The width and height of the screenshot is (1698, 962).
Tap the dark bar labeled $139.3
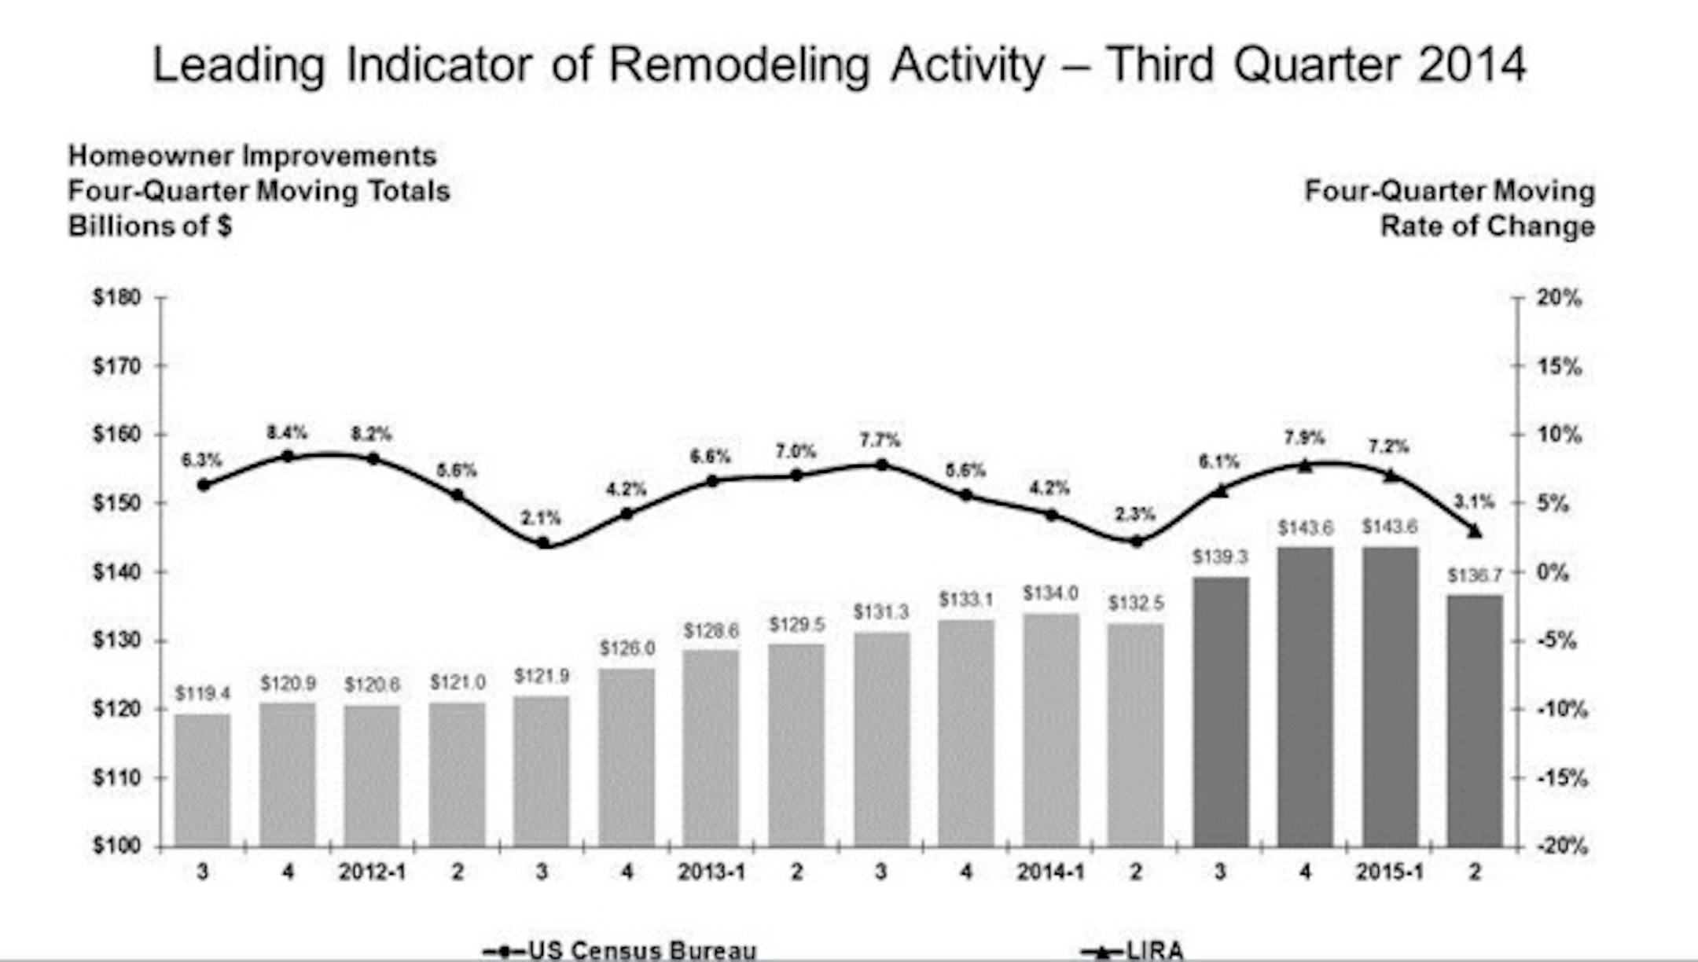coord(1221,711)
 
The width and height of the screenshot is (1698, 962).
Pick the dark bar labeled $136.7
coord(1475,720)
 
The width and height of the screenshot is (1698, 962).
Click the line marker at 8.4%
coord(288,456)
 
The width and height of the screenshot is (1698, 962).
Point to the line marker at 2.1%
coord(542,542)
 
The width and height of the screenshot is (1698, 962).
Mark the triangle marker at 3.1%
coord(1475,531)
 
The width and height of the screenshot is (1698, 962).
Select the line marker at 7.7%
coord(881,464)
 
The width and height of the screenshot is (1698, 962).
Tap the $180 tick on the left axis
coord(117,298)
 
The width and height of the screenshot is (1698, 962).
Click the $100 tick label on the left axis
coord(117,846)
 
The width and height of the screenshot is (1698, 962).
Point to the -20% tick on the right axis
coord(1561,846)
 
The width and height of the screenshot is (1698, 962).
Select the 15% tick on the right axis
coord(1558,366)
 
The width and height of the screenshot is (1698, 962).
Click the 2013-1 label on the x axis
coord(711,872)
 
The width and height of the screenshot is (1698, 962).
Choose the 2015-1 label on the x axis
coord(1390,872)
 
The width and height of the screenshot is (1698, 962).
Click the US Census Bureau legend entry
coord(621,950)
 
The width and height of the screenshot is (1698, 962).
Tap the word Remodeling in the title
coord(739,64)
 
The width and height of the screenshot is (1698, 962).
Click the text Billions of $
coord(149,226)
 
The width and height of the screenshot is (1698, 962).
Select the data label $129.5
coord(796,625)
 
